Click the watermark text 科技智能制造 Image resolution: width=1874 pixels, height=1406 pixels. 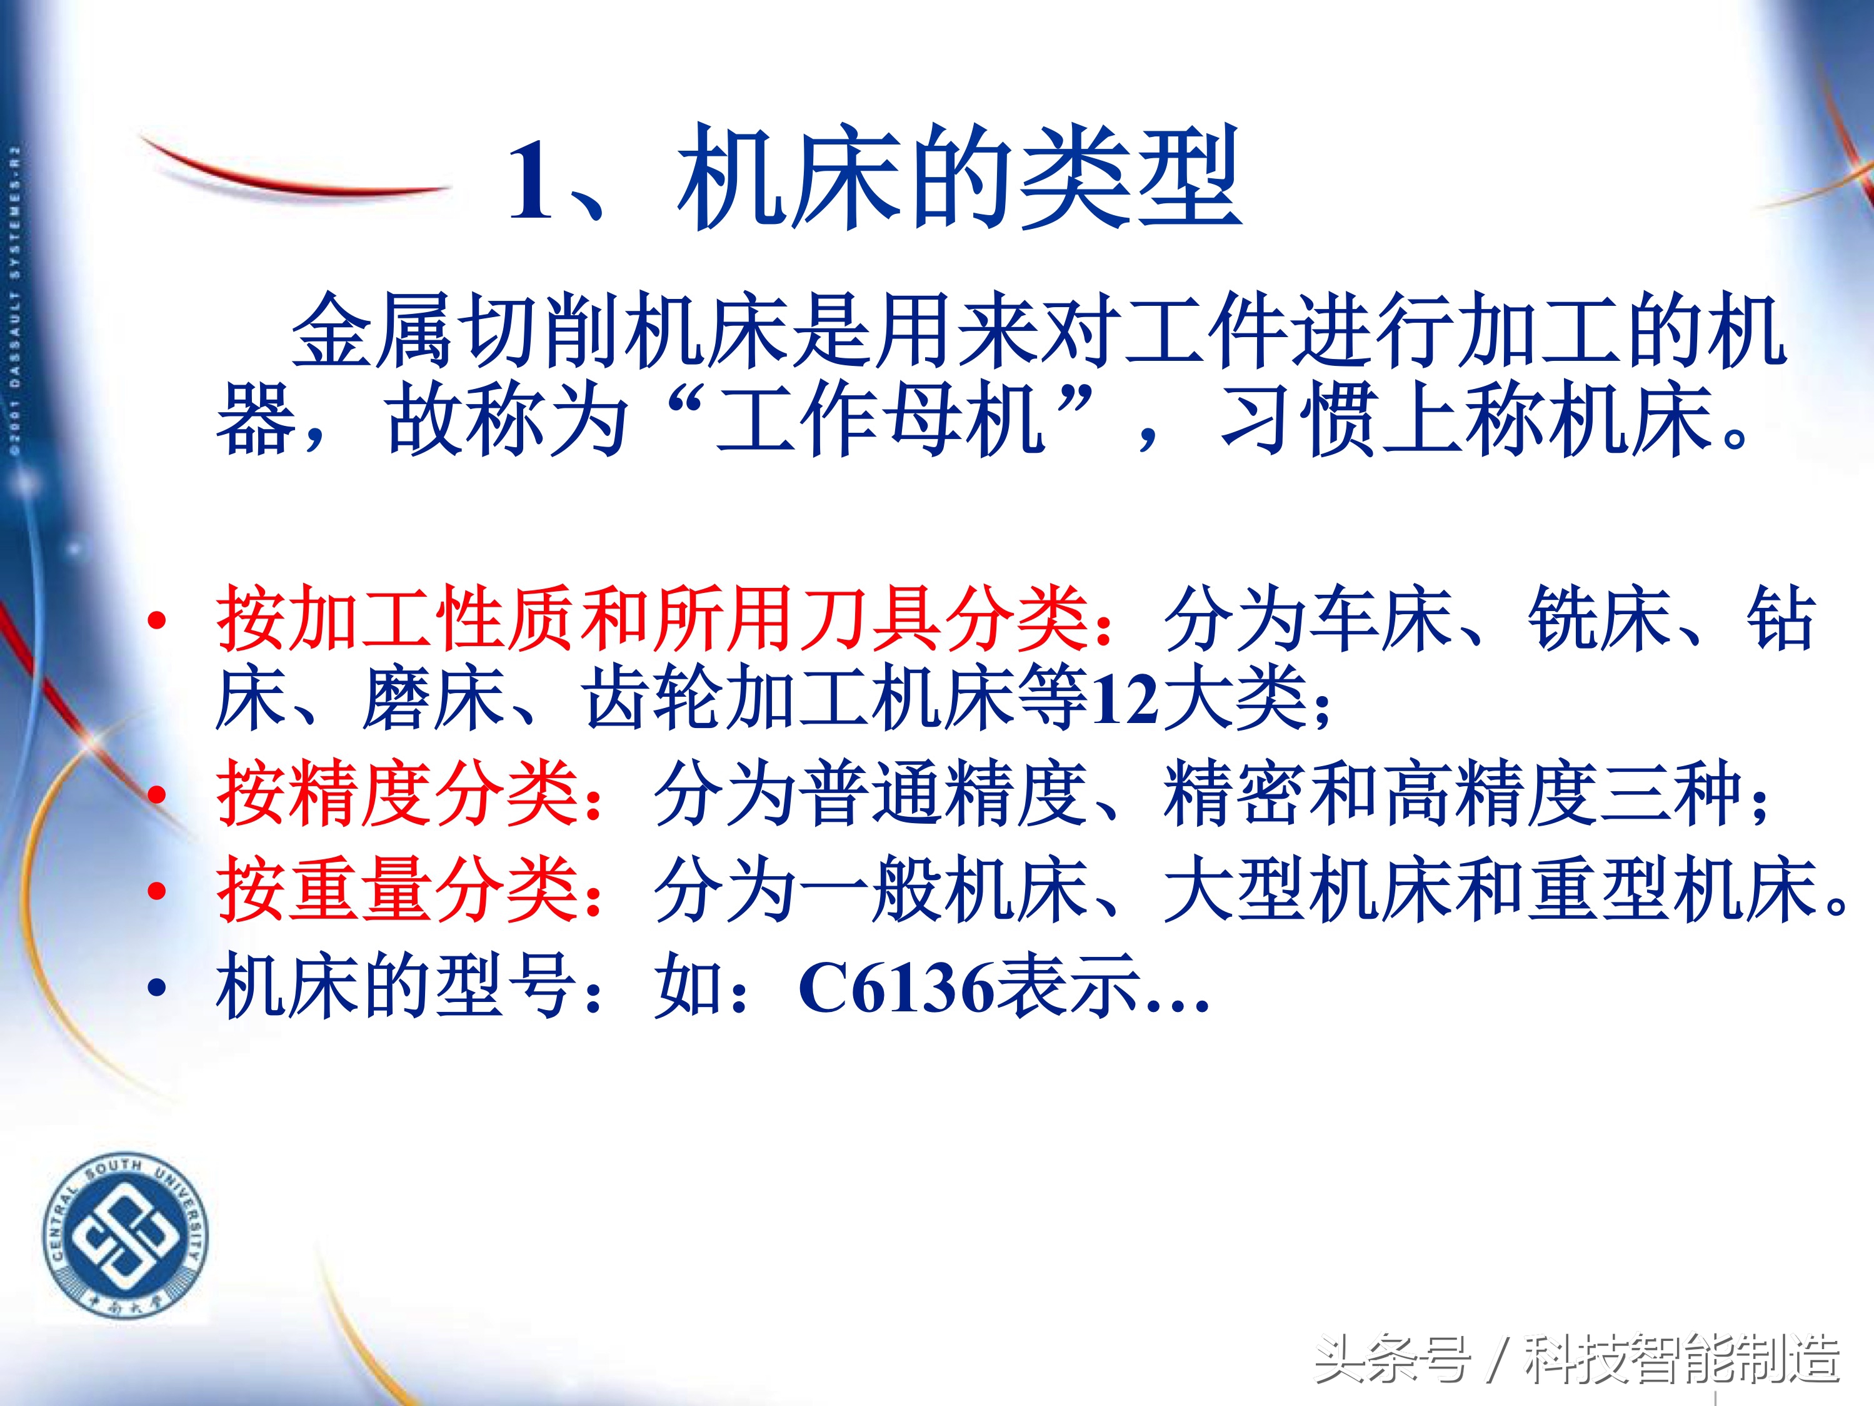coord(1681,1359)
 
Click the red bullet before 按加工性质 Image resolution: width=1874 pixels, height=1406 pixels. coord(157,621)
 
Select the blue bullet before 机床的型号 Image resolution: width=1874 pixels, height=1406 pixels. coord(157,988)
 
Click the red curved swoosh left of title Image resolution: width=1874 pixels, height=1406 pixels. coord(288,174)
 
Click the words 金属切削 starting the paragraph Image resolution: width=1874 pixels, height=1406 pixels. coord(458,330)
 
